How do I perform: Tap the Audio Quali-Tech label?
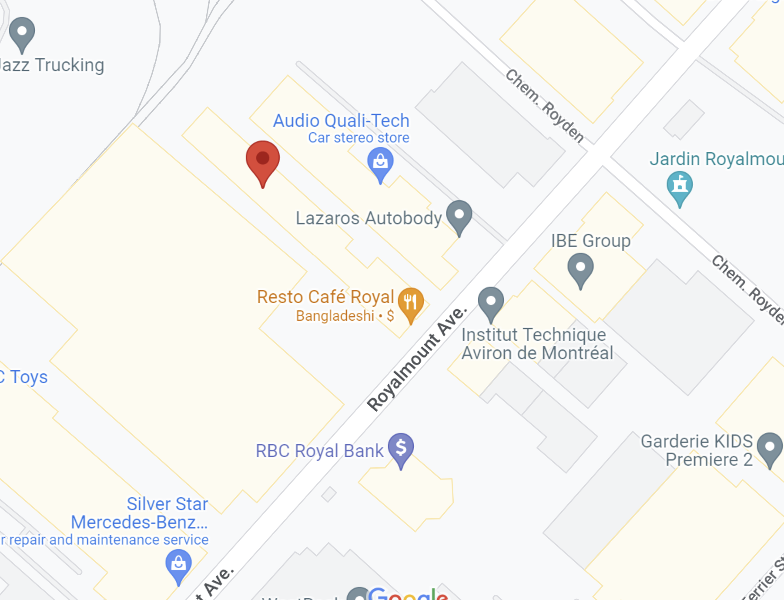click(x=341, y=121)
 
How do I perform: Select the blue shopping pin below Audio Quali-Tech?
click(x=380, y=162)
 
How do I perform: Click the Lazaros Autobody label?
click(x=369, y=218)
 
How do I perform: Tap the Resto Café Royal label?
click(x=325, y=297)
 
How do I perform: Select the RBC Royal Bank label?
click(x=319, y=451)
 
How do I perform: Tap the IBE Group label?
click(x=590, y=241)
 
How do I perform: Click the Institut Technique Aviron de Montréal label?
click(x=537, y=344)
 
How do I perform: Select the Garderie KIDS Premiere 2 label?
click(x=697, y=450)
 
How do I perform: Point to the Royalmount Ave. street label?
click(x=416, y=359)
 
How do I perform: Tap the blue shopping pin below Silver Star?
click(x=178, y=564)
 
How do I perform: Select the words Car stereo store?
click(x=358, y=137)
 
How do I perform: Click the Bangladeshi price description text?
click(x=345, y=315)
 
